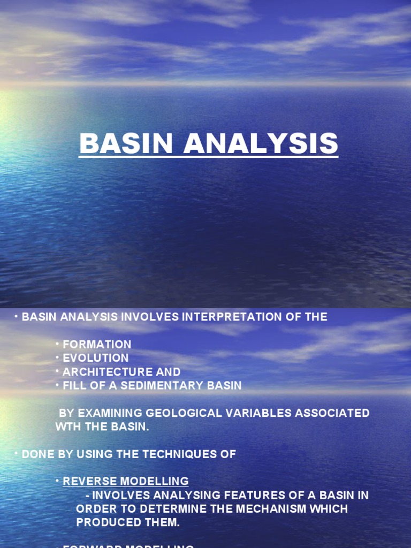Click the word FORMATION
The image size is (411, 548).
pos(97,344)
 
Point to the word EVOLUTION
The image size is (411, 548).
pos(96,358)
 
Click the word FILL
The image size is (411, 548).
pos(74,385)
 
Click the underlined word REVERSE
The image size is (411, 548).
pos(87,481)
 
